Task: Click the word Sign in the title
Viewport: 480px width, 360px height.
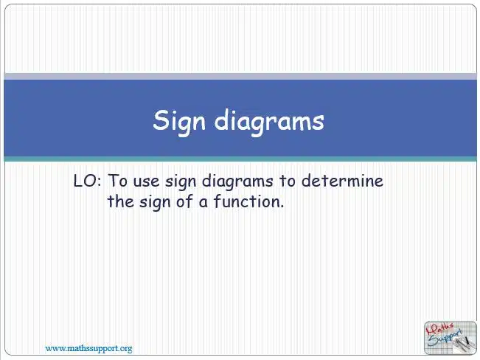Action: click(179, 121)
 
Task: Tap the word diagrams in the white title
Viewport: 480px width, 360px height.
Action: click(269, 121)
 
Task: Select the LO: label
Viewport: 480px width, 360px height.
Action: click(87, 181)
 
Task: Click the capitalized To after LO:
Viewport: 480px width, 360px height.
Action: click(118, 181)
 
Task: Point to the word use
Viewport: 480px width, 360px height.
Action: click(146, 182)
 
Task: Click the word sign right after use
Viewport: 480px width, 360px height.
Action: click(181, 182)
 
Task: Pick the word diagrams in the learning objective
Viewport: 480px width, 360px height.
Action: click(237, 181)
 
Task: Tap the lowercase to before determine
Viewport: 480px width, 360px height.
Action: click(287, 181)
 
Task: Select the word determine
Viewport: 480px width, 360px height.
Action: click(342, 181)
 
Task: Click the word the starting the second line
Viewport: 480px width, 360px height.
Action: click(120, 201)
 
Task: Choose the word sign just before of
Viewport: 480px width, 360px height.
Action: click(155, 203)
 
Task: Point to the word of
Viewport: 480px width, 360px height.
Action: click(184, 201)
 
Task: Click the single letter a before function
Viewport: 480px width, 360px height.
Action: click(203, 204)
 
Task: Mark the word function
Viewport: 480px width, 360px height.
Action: click(248, 201)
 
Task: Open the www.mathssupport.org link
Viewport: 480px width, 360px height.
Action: click(88, 348)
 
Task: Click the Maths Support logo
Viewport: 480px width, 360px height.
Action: click(450, 338)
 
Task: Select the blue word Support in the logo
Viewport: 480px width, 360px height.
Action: click(445, 338)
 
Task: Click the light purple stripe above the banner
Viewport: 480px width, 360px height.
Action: click(240, 76)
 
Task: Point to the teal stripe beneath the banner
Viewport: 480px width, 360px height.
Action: click(240, 159)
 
